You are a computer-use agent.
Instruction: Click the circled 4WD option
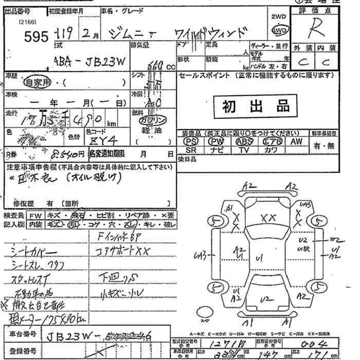coord(279,31)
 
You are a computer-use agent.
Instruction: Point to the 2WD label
coord(278,16)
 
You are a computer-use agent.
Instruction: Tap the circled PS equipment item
coord(191,141)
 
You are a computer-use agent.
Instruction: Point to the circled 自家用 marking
coord(39,82)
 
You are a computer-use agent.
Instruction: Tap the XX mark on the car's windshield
coord(268,218)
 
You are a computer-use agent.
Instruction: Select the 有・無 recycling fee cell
coord(324,146)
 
